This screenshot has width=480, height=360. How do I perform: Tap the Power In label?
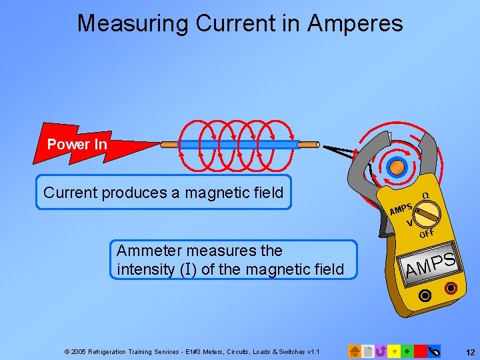pos(77,144)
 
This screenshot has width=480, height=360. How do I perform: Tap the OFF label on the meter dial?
pos(427,233)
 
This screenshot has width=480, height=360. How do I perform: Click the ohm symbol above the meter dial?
pos(425,195)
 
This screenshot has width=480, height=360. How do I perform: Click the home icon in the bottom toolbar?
pos(355,351)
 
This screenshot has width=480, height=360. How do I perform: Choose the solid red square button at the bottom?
pos(420,351)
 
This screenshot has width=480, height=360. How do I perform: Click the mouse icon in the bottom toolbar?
pos(435,351)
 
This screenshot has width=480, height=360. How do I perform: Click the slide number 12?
pos(469,351)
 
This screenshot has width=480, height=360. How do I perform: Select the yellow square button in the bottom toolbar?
pos(394,351)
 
